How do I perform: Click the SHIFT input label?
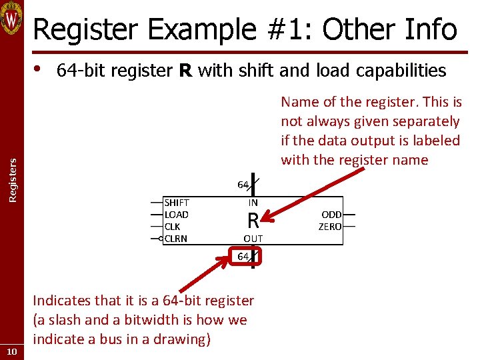click(177, 203)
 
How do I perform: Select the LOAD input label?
click(177, 215)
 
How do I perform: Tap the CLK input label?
click(172, 227)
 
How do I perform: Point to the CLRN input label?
click(176, 239)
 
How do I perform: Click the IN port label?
click(253, 203)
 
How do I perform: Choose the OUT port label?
click(253, 239)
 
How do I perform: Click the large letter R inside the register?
click(253, 221)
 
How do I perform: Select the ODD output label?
click(331, 215)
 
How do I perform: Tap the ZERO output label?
click(330, 227)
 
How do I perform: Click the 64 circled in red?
click(243, 256)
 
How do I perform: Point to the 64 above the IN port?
click(243, 185)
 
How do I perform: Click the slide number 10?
click(12, 351)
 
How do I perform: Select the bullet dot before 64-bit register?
click(38, 69)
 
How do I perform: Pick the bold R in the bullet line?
click(186, 70)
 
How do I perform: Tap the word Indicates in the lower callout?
click(64, 301)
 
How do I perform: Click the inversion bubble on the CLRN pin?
click(162, 239)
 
